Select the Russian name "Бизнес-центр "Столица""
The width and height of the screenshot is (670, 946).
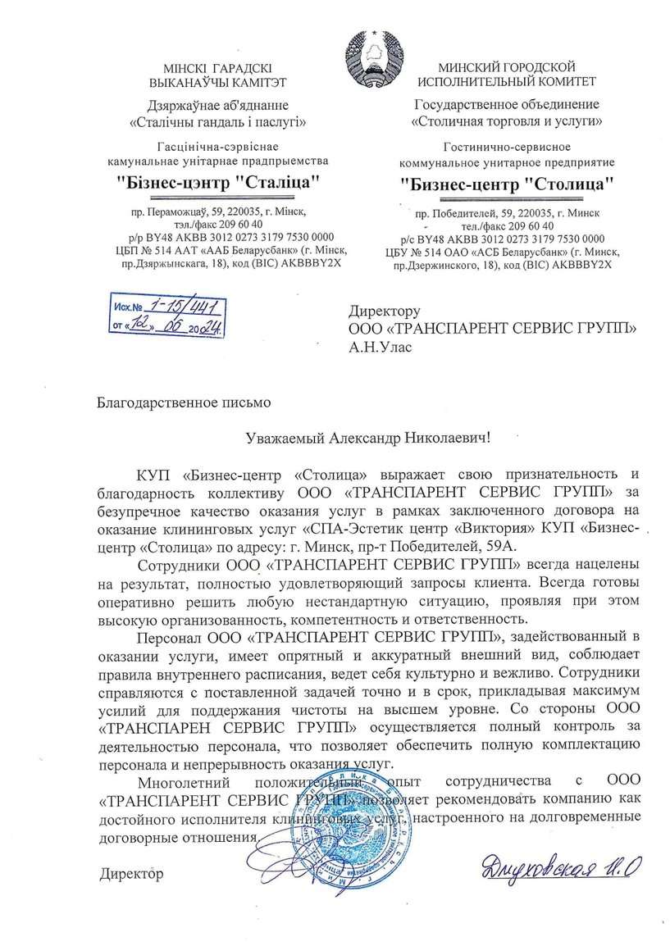click(508, 182)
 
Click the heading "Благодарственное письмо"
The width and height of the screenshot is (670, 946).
click(183, 403)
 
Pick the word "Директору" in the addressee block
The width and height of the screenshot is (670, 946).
click(385, 312)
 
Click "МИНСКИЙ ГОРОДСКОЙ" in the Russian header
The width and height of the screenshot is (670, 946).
click(506, 66)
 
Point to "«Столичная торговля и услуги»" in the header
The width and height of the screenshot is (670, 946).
click(507, 121)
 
